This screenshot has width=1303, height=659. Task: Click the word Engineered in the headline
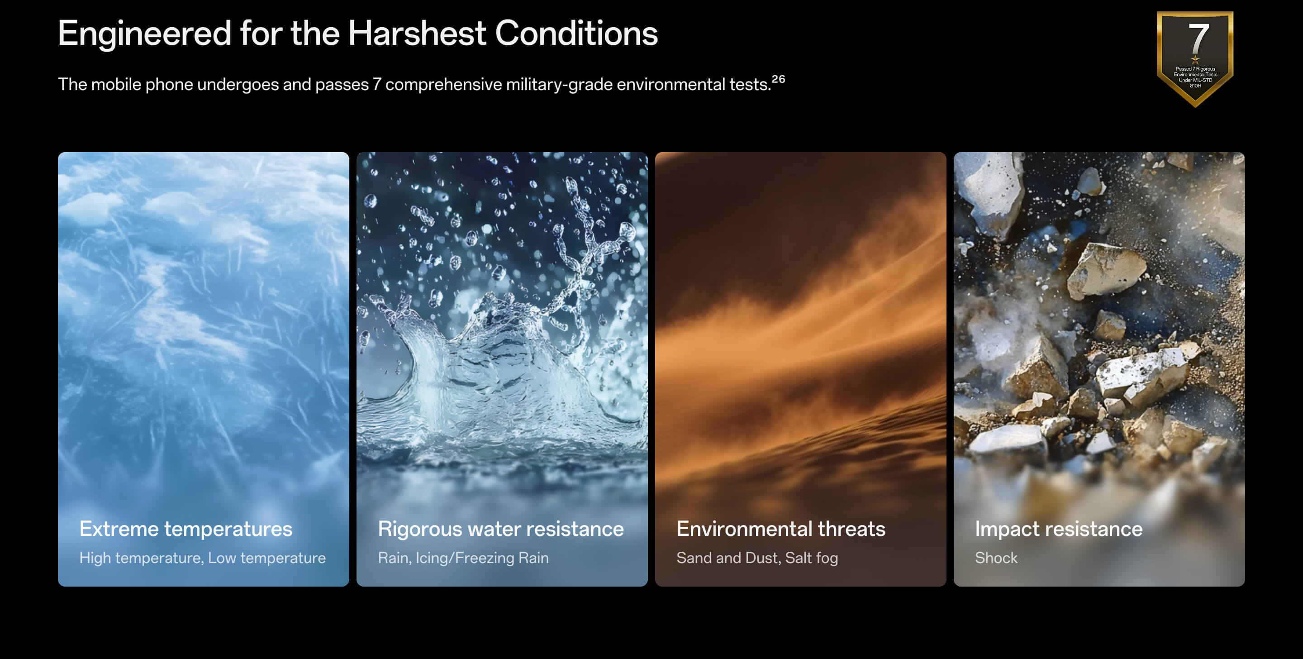coord(145,34)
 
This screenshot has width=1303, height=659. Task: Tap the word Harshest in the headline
coord(417,33)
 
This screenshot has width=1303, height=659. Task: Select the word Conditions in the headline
coord(576,33)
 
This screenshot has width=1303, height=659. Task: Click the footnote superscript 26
coord(779,79)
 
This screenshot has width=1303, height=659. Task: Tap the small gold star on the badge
coord(1195,60)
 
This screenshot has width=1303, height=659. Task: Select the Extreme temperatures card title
coord(185,529)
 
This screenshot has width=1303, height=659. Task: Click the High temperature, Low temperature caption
coord(202,558)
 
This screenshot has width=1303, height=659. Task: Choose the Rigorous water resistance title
coord(501,529)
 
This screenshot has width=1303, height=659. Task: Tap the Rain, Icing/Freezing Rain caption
coord(463,558)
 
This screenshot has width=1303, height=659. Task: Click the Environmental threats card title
coord(781,529)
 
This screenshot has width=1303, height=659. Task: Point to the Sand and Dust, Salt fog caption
coord(757,558)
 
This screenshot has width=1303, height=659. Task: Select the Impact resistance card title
coord(1059,529)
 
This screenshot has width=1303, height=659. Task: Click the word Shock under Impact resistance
coord(996,558)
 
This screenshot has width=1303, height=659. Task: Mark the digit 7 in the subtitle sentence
coord(377,85)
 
